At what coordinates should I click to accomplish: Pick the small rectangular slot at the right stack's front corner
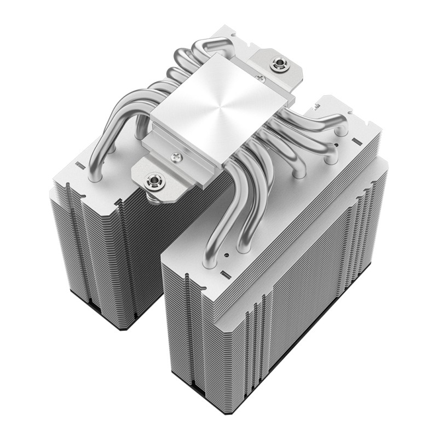(223, 272)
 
